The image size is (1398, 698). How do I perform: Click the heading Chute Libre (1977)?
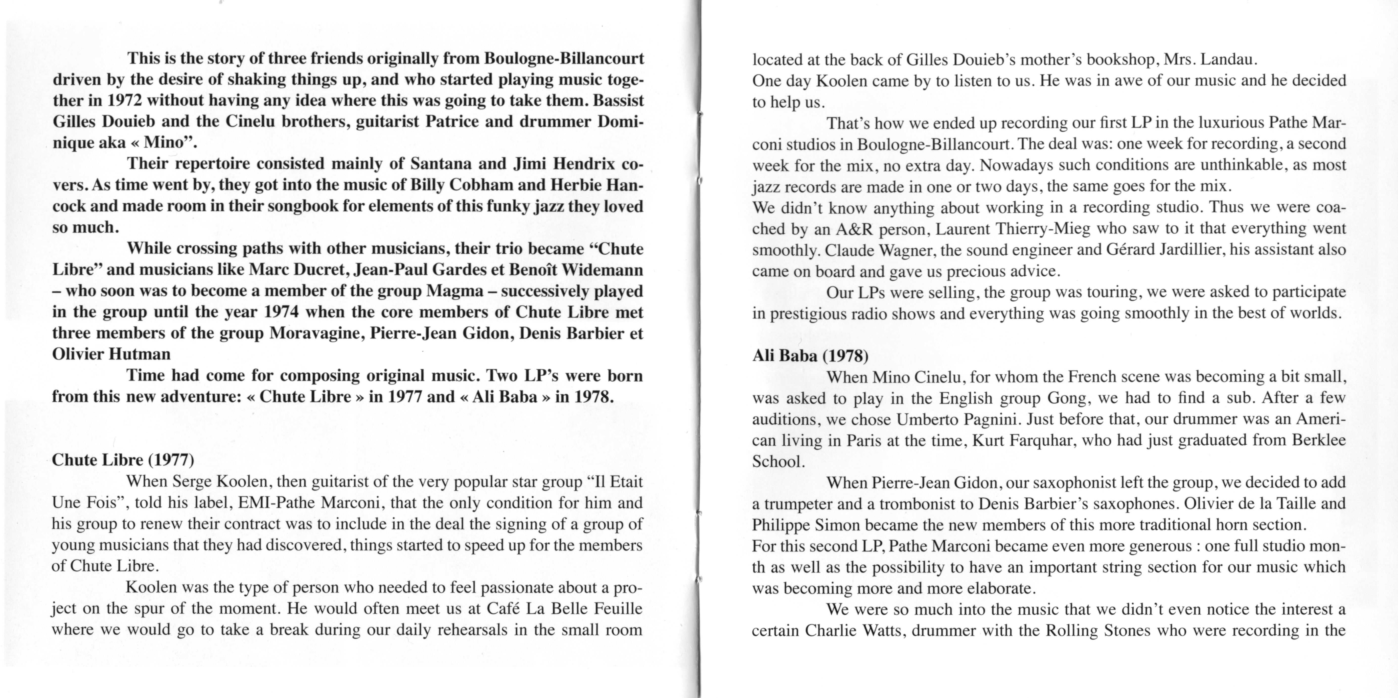pyautogui.click(x=123, y=460)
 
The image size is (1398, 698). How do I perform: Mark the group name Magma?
pyautogui.click(x=455, y=291)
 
